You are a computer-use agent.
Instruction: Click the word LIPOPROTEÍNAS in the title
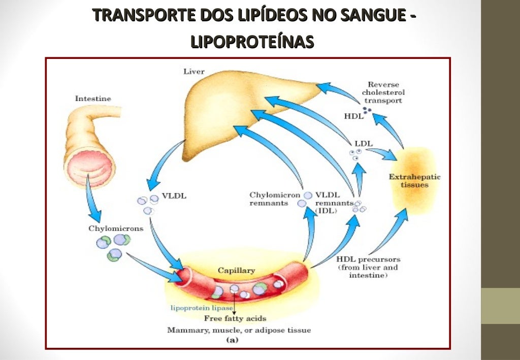(252, 42)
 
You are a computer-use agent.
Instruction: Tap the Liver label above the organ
(193, 72)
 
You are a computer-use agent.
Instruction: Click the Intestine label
(93, 99)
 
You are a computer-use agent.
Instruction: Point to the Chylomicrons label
(116, 228)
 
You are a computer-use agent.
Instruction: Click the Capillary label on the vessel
(236, 271)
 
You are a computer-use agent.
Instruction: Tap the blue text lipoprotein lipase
(201, 308)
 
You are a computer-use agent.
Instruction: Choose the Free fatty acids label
(235, 318)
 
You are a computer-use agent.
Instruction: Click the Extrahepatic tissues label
(414, 181)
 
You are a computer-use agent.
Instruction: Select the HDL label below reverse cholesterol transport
(353, 116)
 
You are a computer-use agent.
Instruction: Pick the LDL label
(364, 143)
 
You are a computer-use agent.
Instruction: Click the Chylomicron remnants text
(275, 199)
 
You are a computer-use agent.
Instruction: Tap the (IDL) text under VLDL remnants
(326, 210)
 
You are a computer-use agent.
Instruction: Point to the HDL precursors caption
(368, 267)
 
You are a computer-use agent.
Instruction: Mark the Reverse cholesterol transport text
(384, 92)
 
